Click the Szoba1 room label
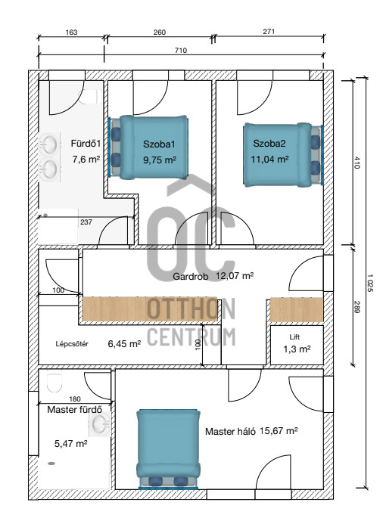(x=159, y=144)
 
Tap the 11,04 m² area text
(x=269, y=159)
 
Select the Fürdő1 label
(x=86, y=144)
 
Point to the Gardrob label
(x=191, y=277)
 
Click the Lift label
(x=294, y=337)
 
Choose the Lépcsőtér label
(x=72, y=344)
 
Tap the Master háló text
(x=230, y=432)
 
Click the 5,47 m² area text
(x=71, y=444)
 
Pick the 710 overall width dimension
(x=181, y=51)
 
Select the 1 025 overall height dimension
(x=370, y=283)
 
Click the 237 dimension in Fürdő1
(x=86, y=222)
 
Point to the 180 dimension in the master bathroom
(x=75, y=399)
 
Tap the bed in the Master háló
(x=169, y=449)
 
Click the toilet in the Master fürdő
(x=54, y=383)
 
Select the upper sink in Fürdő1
(x=48, y=144)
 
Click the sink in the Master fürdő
(x=100, y=424)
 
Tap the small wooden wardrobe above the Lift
(x=297, y=310)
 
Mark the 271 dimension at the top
(x=269, y=32)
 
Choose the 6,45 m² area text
(x=124, y=343)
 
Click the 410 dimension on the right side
(x=357, y=163)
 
